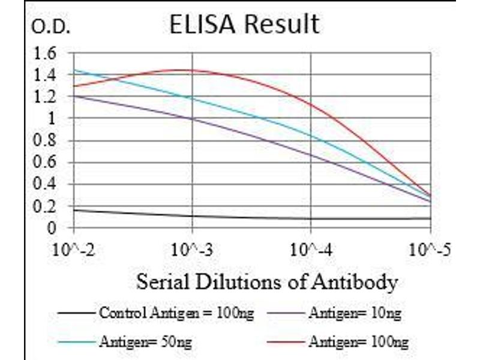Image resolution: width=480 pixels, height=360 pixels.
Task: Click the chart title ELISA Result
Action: pos(244,24)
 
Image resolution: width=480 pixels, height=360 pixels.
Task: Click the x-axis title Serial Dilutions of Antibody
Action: pos(267,281)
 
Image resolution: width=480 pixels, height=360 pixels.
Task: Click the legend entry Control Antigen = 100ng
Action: pos(176,313)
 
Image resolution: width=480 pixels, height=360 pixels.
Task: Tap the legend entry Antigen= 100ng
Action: pos(358,343)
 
